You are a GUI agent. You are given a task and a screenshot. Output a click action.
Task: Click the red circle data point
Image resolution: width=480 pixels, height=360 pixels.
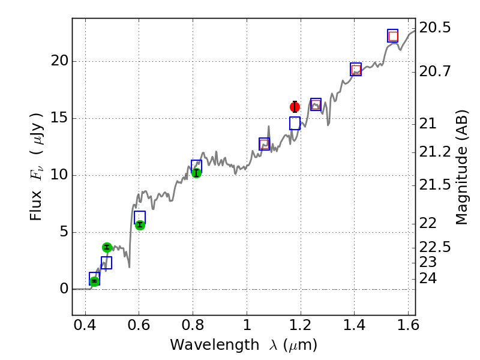click(x=295, y=107)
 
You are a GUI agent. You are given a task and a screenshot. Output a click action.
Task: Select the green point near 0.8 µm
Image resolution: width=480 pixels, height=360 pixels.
click(x=196, y=173)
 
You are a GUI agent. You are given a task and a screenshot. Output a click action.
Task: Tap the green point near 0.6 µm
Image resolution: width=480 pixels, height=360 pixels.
click(x=140, y=224)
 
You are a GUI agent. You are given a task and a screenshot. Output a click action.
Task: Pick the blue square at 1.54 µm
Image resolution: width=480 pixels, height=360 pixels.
click(x=392, y=35)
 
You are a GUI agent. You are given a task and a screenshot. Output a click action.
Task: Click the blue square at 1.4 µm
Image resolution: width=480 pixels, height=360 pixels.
click(x=356, y=69)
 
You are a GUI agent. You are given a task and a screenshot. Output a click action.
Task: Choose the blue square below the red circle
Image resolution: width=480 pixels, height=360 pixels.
click(x=295, y=123)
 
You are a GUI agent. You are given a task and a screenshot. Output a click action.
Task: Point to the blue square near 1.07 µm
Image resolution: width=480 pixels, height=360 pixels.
click(x=264, y=144)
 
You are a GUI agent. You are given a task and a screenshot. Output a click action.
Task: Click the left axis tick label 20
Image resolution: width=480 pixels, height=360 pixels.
click(x=59, y=61)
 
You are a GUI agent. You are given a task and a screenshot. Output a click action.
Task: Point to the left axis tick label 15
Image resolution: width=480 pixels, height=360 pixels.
click(x=59, y=118)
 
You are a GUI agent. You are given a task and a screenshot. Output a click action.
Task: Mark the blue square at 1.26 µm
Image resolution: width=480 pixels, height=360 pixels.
click(x=316, y=104)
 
